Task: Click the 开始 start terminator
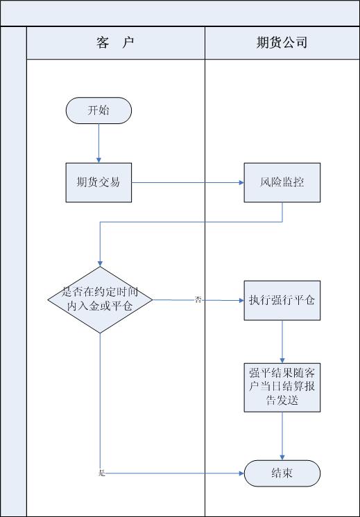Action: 98,110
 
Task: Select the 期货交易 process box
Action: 98,182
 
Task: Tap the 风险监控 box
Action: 282,182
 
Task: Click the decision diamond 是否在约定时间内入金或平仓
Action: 100,299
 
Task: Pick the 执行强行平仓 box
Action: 282,300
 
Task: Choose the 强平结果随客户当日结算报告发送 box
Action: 282,387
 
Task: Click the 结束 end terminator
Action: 282,473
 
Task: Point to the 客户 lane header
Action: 115,43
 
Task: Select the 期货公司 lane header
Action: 282,43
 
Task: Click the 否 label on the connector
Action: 198,300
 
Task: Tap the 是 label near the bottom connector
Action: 102,473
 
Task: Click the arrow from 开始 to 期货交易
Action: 98,143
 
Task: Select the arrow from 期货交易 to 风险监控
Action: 188,182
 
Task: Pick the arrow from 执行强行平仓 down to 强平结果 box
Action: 282,342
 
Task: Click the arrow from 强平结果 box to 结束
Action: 282,436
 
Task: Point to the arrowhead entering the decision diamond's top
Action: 100,264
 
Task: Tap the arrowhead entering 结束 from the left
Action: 241,473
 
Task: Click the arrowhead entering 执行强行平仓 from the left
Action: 241,300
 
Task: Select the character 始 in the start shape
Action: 104,110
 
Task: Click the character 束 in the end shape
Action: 287,473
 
